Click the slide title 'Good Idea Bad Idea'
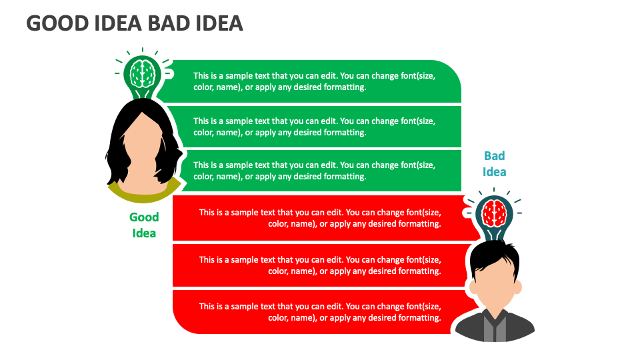134,23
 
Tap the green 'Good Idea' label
144,225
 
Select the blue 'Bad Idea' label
494,163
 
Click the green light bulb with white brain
143,73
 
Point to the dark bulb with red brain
494,213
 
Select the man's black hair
493,256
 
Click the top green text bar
313,81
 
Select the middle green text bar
313,127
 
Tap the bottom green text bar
313,171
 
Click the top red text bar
320,218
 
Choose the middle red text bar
320,265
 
